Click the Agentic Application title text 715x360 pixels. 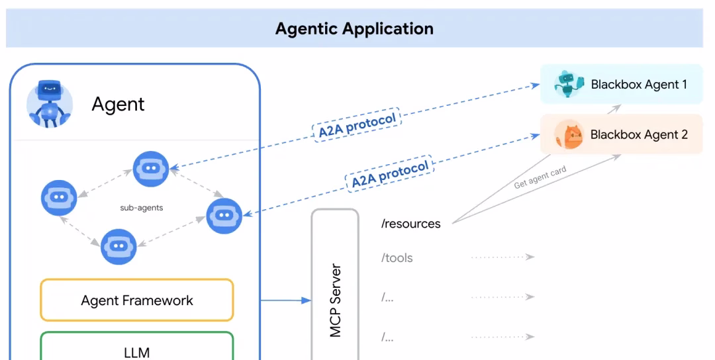[354, 29]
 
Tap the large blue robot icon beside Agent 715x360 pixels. [49, 103]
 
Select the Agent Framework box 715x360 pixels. [137, 300]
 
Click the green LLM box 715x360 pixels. [137, 348]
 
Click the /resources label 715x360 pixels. [410, 224]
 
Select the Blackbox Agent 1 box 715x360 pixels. [621, 84]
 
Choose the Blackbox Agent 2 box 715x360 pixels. [621, 134]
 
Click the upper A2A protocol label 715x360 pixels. [357, 124]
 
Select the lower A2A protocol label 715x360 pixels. [390, 173]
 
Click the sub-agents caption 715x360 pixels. [141, 207]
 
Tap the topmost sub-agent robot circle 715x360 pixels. [151, 169]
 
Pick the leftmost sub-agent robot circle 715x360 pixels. [59, 197]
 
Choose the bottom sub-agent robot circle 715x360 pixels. [119, 246]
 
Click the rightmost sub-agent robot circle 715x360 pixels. [224, 215]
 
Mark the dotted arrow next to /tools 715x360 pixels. [502, 257]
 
